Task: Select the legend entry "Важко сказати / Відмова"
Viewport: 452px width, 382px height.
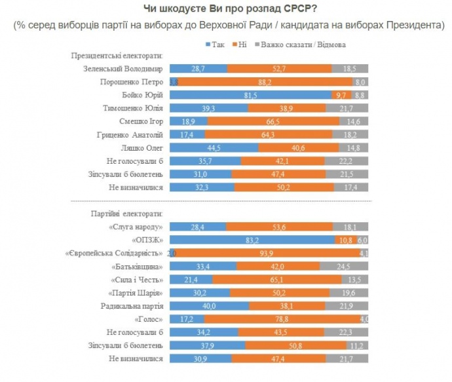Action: coord(302,45)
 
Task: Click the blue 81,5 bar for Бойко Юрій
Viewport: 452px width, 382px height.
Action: coord(251,95)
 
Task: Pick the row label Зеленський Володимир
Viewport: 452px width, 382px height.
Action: coord(124,68)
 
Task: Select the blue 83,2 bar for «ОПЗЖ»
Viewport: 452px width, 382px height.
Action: coord(253,240)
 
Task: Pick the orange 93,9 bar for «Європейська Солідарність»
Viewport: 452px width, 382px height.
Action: coord(267,253)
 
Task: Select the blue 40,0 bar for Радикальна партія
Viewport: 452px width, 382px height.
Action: coord(210,306)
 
